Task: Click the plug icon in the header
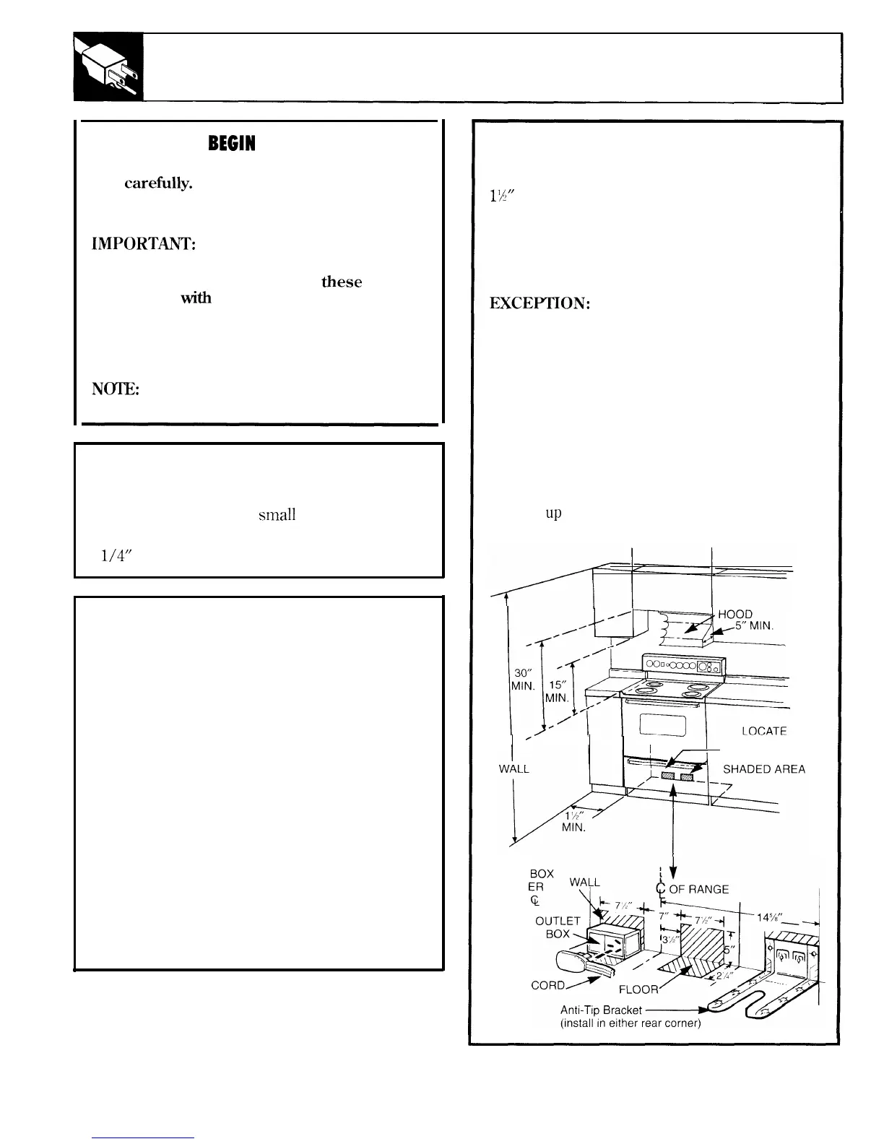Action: coord(108,68)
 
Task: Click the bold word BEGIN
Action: coord(231,144)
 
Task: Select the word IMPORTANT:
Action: coord(141,245)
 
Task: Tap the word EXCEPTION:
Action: coord(540,304)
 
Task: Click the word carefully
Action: coord(158,183)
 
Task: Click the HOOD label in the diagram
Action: coord(735,615)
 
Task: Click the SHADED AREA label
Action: coord(763,770)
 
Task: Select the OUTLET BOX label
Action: coord(558,927)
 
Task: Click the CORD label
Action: coord(550,984)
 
